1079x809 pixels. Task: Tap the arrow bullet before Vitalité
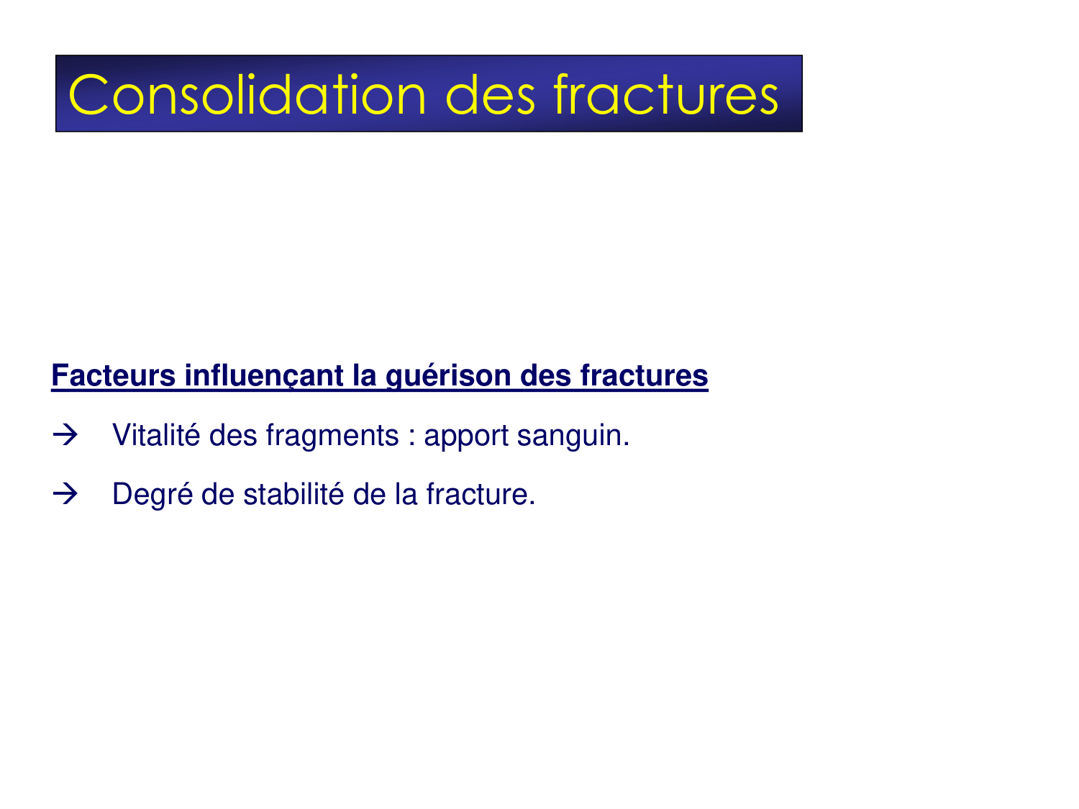[x=65, y=435]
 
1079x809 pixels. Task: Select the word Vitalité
[x=156, y=435]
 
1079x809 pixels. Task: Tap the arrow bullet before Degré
[x=65, y=494]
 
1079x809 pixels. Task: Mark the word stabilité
[x=303, y=494]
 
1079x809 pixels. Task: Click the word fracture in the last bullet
[x=480, y=494]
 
